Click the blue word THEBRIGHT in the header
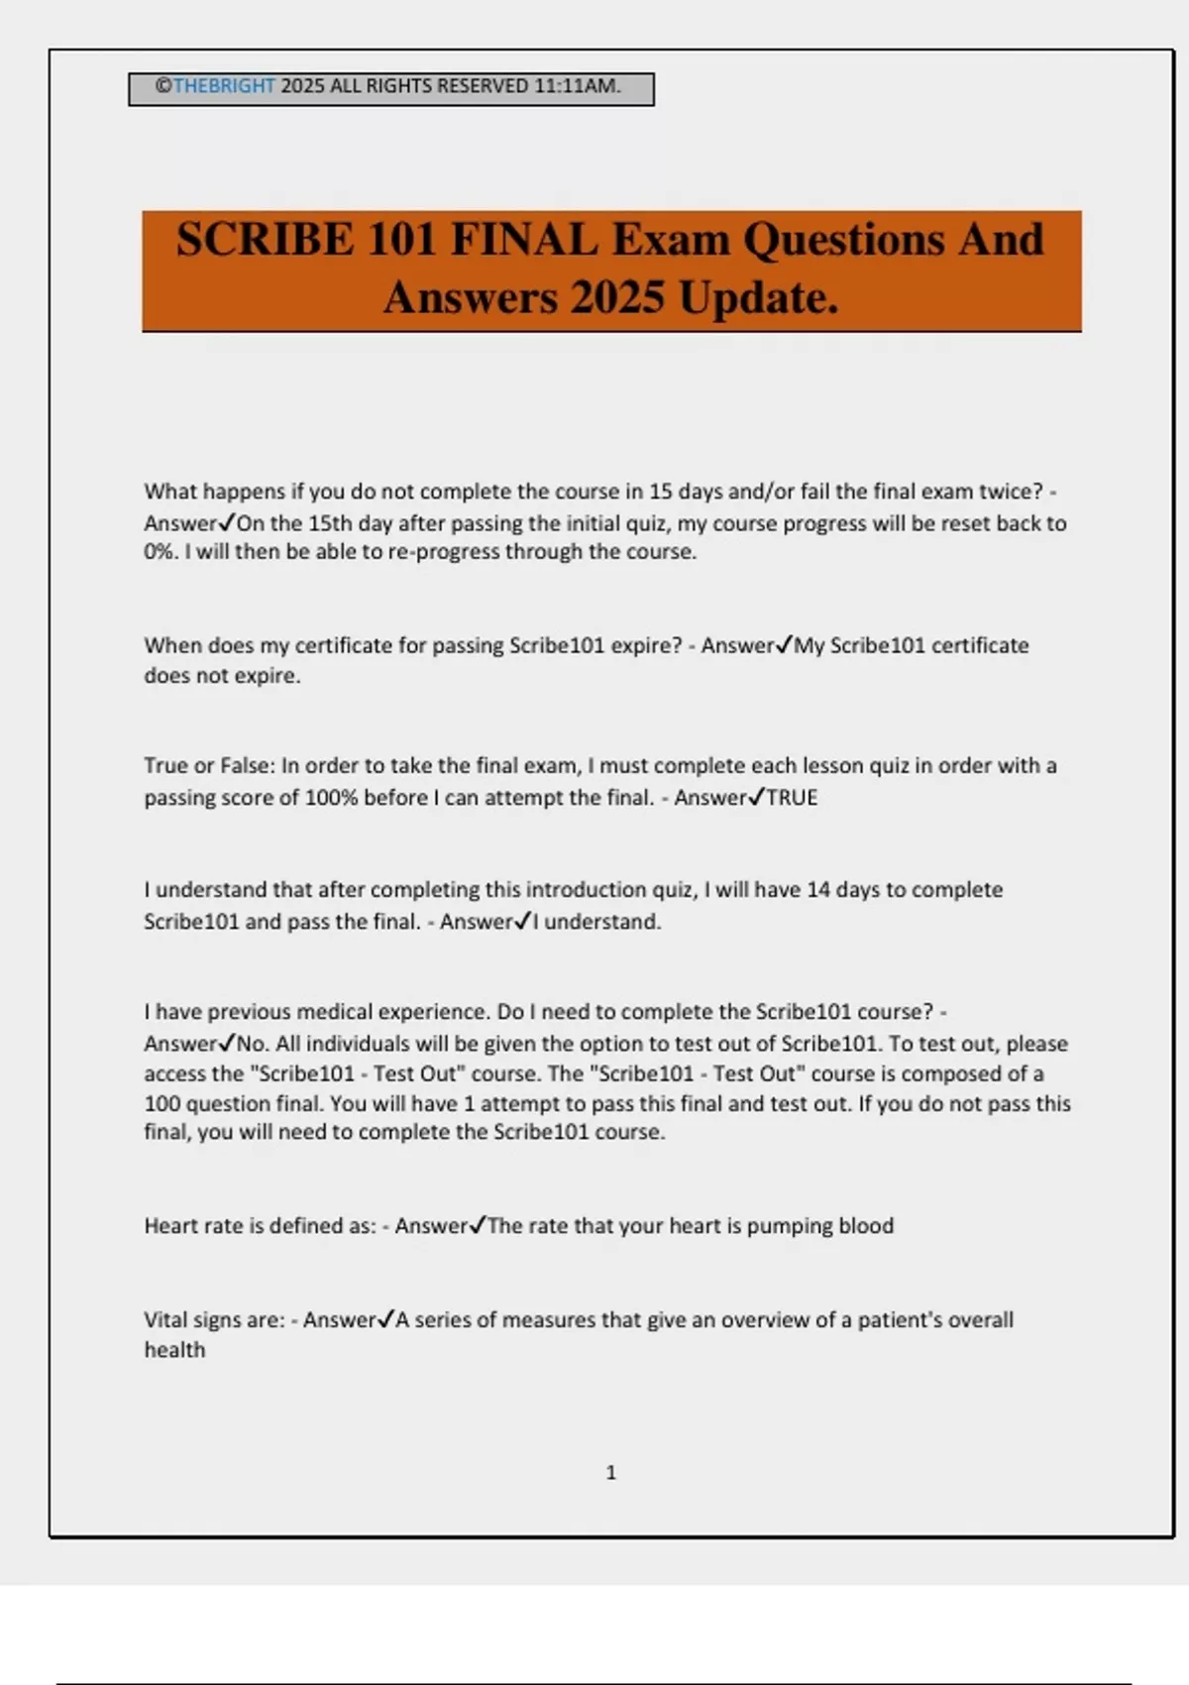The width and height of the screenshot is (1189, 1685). [x=224, y=86]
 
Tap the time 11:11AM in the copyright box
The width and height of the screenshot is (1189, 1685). [x=578, y=86]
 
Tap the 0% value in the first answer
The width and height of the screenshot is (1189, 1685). [x=160, y=552]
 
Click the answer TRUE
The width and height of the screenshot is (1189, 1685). [x=793, y=798]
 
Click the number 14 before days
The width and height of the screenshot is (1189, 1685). [x=817, y=890]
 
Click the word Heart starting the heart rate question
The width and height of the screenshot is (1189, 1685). [x=171, y=1226]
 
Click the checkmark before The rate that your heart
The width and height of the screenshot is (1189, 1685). [x=478, y=1225]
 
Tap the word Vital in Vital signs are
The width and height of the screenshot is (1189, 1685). [x=165, y=1320]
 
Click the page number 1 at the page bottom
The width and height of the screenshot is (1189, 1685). [x=610, y=1473]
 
